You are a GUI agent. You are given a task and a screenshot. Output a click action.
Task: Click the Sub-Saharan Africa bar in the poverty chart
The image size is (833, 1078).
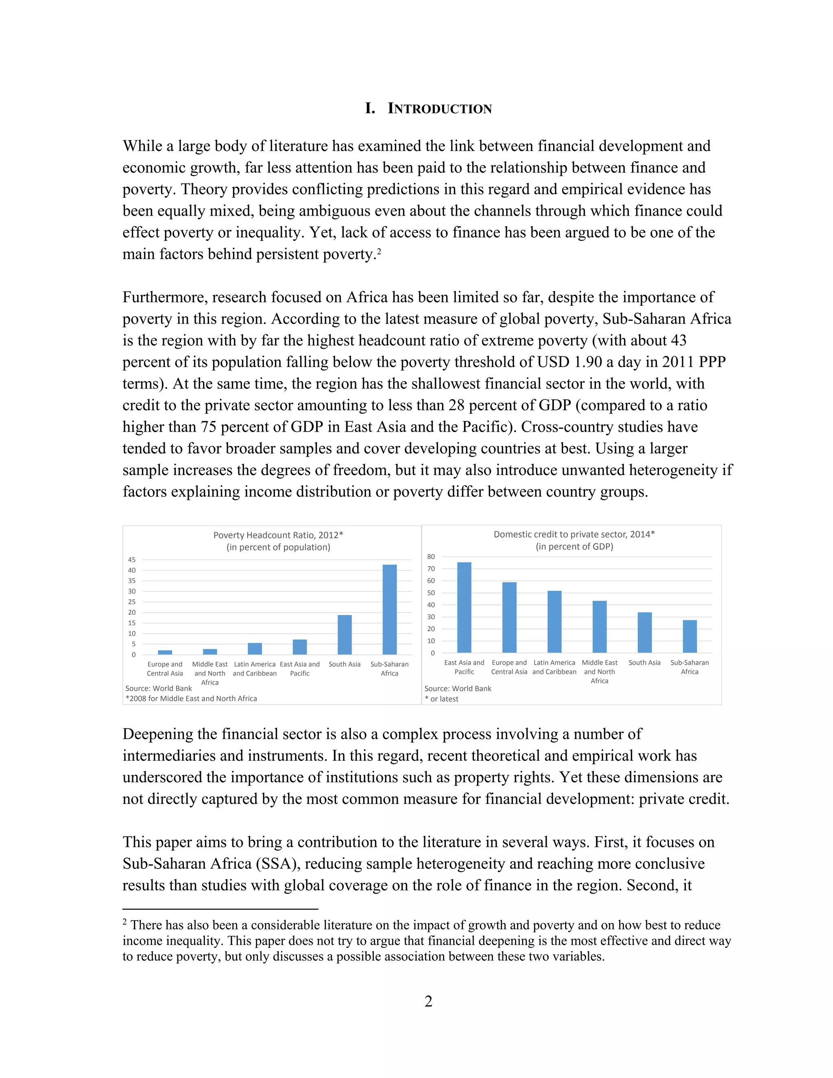[x=389, y=610]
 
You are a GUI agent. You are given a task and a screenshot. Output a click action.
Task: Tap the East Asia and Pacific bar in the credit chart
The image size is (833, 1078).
[x=464, y=608]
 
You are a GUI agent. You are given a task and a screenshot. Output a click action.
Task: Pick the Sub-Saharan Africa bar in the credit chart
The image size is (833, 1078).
[x=689, y=636]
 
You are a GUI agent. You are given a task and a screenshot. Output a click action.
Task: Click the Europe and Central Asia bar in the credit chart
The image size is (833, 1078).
[x=509, y=618]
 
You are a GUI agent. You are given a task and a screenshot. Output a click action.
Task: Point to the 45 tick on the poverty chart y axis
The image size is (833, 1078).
[x=132, y=560]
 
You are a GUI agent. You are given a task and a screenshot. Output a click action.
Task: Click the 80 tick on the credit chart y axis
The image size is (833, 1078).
[x=431, y=557]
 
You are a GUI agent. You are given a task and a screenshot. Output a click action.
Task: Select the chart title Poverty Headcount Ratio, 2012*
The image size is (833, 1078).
[x=278, y=535]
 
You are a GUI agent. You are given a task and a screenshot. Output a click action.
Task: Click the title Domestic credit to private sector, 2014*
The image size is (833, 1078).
[x=574, y=534]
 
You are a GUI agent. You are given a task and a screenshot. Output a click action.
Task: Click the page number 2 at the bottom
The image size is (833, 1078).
[x=428, y=1001]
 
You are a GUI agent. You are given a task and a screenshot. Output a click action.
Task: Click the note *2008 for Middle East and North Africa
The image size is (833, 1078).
[x=191, y=698]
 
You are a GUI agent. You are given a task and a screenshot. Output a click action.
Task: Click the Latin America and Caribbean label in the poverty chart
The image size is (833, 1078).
[x=255, y=669]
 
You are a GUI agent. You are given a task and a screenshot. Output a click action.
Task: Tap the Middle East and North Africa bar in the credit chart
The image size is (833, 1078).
[x=599, y=627]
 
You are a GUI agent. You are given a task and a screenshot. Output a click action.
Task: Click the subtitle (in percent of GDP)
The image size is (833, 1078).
[x=574, y=546]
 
